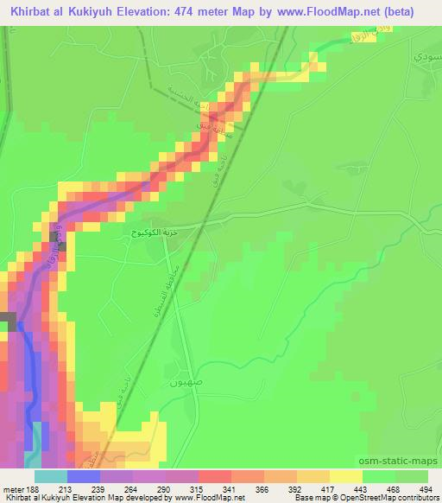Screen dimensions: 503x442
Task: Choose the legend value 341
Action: [x=230, y=488]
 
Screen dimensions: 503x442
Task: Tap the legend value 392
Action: [x=296, y=488]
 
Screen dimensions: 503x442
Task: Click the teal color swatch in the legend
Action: [x=50, y=476]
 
